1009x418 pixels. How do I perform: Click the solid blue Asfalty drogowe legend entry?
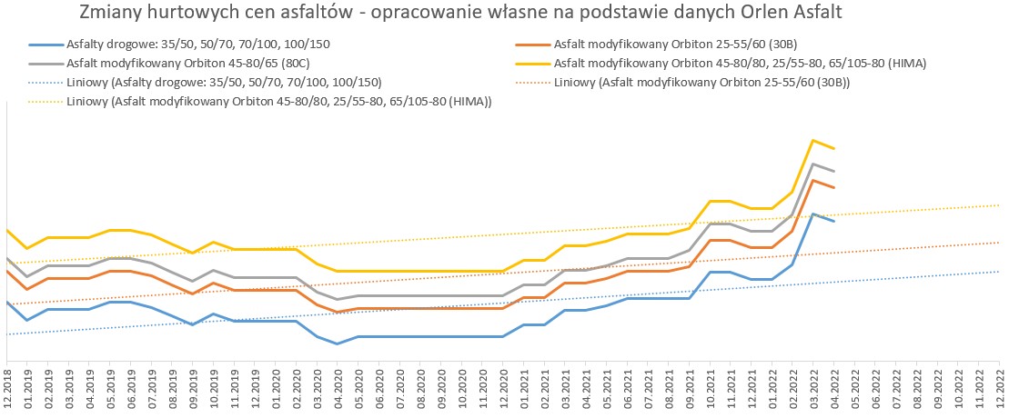click(x=181, y=45)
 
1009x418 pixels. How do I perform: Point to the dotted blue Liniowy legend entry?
click(x=206, y=83)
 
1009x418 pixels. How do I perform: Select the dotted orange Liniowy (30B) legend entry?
click(x=682, y=83)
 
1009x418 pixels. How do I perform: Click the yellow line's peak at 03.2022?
click(x=813, y=140)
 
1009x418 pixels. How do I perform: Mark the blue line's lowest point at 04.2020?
click(x=338, y=343)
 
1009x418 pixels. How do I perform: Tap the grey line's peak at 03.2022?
click(x=813, y=164)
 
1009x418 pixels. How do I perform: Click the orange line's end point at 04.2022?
click(x=834, y=188)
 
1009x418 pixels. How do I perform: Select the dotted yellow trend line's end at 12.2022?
click(x=999, y=205)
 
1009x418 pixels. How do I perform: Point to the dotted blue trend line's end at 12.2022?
click(x=999, y=272)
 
